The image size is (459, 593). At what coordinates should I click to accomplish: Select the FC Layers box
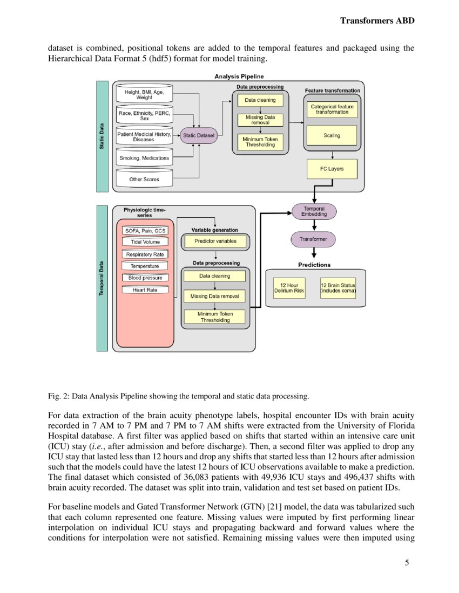332,169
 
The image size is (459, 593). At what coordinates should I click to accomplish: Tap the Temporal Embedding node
314,211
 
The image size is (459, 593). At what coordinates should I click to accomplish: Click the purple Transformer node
313,238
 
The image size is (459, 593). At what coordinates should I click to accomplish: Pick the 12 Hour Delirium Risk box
289,287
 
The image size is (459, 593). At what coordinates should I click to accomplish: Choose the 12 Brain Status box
337,287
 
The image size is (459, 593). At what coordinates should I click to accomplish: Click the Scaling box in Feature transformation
332,135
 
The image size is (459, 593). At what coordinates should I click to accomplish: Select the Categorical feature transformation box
332,109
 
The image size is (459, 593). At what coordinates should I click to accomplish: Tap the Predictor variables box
215,241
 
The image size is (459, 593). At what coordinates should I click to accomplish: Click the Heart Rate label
145,289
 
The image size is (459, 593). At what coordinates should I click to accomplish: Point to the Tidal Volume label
145,242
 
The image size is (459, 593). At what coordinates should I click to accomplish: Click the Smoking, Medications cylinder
144,158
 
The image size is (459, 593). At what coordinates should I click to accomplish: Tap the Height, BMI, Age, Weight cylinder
144,95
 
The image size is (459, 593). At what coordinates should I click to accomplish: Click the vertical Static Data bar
102,136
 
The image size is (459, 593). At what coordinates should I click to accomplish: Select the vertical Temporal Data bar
102,278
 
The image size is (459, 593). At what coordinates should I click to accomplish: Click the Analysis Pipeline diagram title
239,77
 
